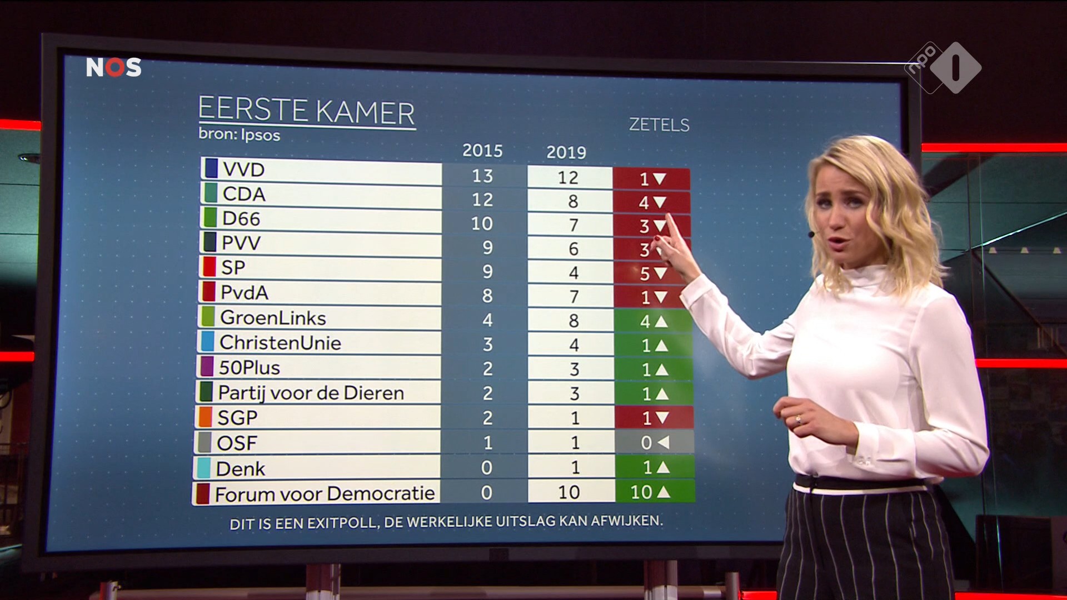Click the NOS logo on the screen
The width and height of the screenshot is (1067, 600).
click(x=114, y=67)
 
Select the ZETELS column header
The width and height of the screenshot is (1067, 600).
click(x=659, y=125)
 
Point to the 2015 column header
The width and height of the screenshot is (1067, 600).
click(x=482, y=151)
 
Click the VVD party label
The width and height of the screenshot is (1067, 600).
click(x=243, y=169)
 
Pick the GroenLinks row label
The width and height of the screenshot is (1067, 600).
click(x=273, y=318)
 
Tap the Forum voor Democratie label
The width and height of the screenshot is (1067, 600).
click(x=325, y=493)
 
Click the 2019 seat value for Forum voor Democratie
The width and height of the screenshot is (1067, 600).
click(x=569, y=492)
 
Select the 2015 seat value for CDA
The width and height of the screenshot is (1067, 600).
click(x=482, y=199)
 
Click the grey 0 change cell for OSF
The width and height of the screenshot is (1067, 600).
click(x=654, y=443)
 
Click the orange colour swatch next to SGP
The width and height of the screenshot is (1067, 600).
click(x=206, y=417)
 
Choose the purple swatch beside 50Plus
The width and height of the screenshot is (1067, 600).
click(x=206, y=367)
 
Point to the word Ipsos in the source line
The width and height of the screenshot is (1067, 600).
click(x=260, y=135)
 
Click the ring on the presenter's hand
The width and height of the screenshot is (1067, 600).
click(x=799, y=419)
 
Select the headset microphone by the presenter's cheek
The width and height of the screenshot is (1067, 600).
click(x=812, y=234)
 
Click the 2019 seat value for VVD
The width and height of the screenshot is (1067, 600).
click(x=568, y=178)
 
